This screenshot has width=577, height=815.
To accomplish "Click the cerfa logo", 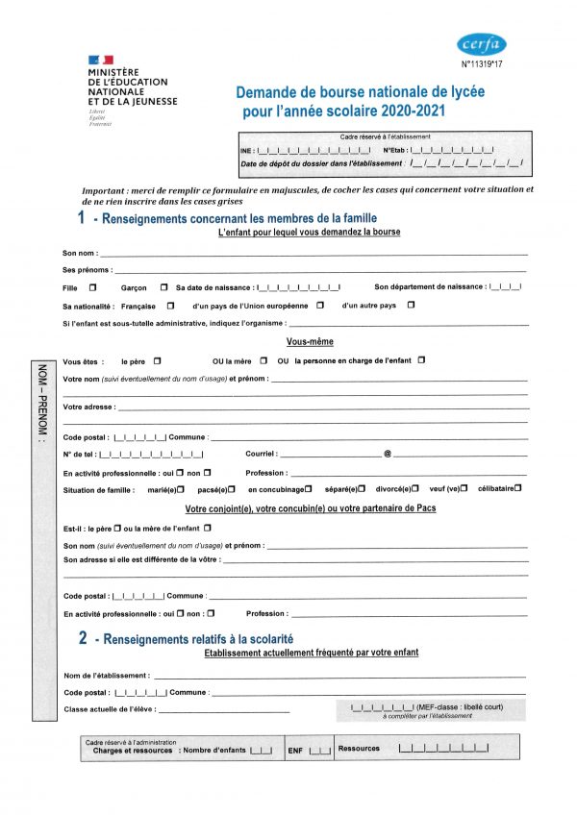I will (x=482, y=44).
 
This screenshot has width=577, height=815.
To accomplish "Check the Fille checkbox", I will (x=92, y=287).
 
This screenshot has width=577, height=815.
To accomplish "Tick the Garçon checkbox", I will (x=164, y=287).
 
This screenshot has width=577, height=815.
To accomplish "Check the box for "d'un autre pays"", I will (x=411, y=306).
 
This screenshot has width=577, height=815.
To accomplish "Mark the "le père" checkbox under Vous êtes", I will (x=157, y=360).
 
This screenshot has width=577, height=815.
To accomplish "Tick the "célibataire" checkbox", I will (x=518, y=488).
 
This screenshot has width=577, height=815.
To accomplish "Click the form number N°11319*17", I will (x=483, y=64).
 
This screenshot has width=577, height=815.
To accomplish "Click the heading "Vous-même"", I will (x=310, y=342).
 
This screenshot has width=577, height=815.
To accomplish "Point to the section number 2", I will (x=84, y=637).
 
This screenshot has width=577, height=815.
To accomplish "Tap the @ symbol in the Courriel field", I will (x=387, y=454).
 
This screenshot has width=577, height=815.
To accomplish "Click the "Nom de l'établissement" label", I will (x=106, y=675).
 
